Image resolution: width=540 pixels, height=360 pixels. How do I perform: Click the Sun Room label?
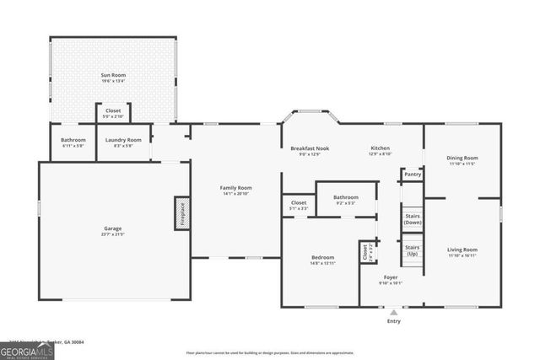[x=113, y=75]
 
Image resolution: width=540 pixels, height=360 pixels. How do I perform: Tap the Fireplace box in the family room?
[x=180, y=213]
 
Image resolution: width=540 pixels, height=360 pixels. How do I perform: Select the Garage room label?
[x=113, y=228]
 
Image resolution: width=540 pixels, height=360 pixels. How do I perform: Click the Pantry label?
[x=412, y=175]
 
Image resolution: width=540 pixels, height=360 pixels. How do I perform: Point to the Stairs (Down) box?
[x=412, y=218]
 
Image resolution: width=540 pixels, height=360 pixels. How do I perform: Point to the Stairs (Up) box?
[x=412, y=250]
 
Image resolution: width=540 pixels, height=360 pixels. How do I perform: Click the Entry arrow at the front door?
[x=393, y=312]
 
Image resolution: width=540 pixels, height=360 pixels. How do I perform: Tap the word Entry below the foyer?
[x=393, y=322]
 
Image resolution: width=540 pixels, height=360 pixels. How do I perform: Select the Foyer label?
[x=391, y=277]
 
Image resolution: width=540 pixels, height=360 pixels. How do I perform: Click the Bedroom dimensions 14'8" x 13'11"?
[x=322, y=264]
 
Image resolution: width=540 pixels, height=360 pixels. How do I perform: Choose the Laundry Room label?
[x=122, y=140]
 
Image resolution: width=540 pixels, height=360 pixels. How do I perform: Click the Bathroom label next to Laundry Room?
[x=73, y=140]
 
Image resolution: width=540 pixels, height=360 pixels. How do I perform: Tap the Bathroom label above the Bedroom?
[x=346, y=197]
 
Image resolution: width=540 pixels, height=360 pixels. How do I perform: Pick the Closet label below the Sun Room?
[x=113, y=110]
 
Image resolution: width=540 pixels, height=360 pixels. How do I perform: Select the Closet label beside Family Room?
[x=299, y=202]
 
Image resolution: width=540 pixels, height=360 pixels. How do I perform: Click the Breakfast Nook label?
[x=310, y=148]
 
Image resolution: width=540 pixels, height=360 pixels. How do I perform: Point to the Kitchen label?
[x=381, y=148]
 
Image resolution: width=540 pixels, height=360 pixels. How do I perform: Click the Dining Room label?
[x=462, y=158]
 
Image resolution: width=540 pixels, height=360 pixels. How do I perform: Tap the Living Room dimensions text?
[x=462, y=255]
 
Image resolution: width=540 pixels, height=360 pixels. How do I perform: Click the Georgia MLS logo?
[x=27, y=348]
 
